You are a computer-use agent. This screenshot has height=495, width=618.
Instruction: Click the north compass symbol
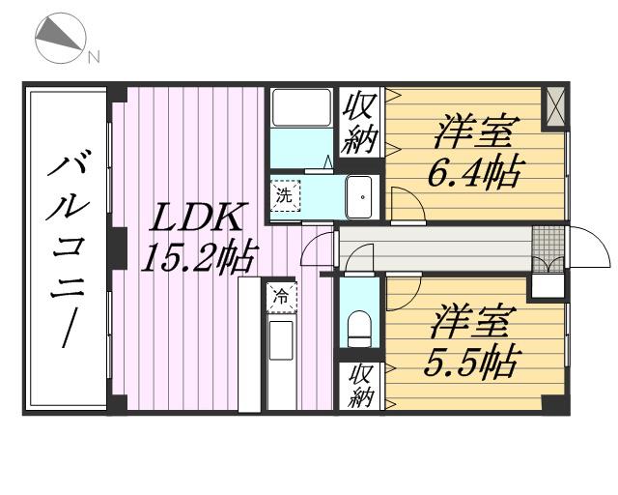(60, 40)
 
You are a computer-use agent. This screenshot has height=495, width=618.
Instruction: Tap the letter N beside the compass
(94, 57)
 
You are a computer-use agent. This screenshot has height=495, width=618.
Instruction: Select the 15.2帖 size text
(198, 257)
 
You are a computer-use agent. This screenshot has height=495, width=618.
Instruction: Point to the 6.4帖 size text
(475, 173)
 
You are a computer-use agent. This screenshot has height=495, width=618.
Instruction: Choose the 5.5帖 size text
(469, 363)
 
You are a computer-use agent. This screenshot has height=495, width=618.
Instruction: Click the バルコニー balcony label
(66, 248)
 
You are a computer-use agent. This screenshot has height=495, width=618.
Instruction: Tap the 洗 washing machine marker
(284, 193)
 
